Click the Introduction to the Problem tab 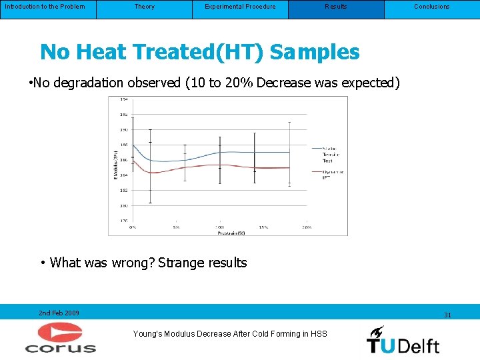coord(45,7)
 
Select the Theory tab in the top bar coord(144,7)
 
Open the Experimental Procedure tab coord(240,7)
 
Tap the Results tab coord(336,7)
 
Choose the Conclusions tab coord(432,7)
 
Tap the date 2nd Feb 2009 coord(59,313)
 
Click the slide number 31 coord(447,315)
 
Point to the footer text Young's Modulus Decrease coord(230,333)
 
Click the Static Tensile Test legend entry coord(329,154)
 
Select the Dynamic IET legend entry coord(331,175)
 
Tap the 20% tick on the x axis coord(307,227)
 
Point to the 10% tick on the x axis coord(219,227)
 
